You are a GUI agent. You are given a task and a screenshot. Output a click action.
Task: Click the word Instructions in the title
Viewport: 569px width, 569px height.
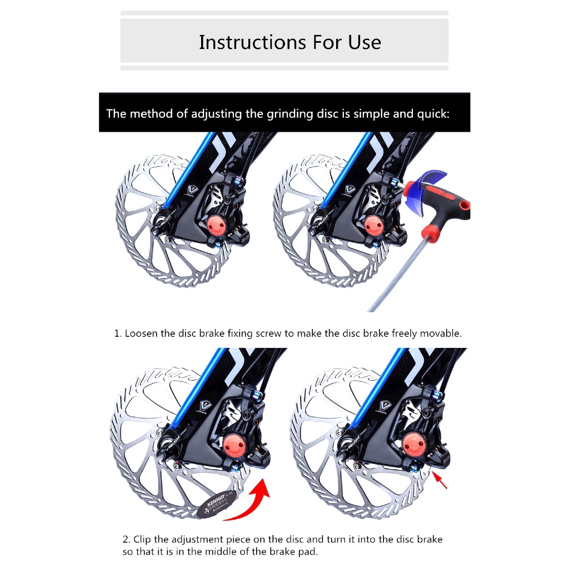(x=244, y=42)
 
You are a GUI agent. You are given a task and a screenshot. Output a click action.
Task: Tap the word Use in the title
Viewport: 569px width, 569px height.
(x=364, y=42)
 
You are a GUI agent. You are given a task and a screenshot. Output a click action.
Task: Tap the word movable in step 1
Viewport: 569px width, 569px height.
(x=441, y=334)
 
